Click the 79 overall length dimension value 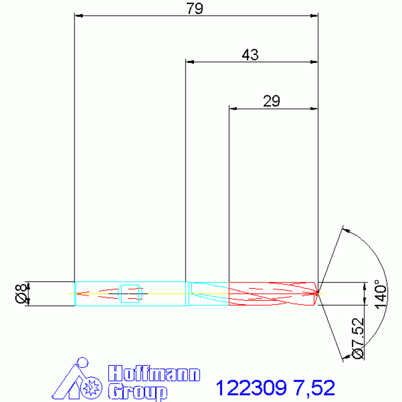(x=194, y=8)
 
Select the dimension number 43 (x=250, y=55)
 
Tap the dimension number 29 (x=271, y=101)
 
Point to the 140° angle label (x=381, y=294)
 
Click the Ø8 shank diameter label (x=21, y=294)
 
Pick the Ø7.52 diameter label (x=358, y=339)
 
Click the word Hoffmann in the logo (x=154, y=374)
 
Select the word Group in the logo (x=138, y=392)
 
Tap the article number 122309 (x=251, y=388)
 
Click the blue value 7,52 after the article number (x=315, y=388)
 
